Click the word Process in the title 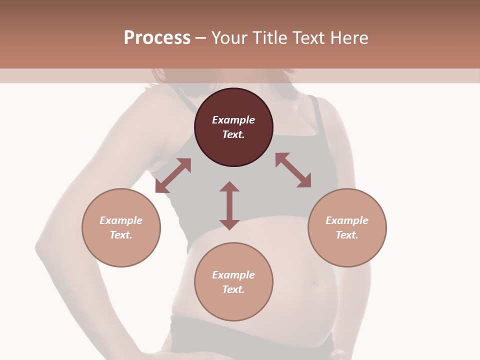point(157,38)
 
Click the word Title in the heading point(267,38)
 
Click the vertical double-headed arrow point(229,206)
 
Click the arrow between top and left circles point(173,175)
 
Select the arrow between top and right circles point(293,170)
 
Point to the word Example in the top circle point(233,120)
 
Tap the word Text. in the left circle point(121,235)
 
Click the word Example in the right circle point(347,220)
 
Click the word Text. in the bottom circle point(233,289)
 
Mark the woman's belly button point(315,285)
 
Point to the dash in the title point(200,38)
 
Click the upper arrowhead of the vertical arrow point(229,187)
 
